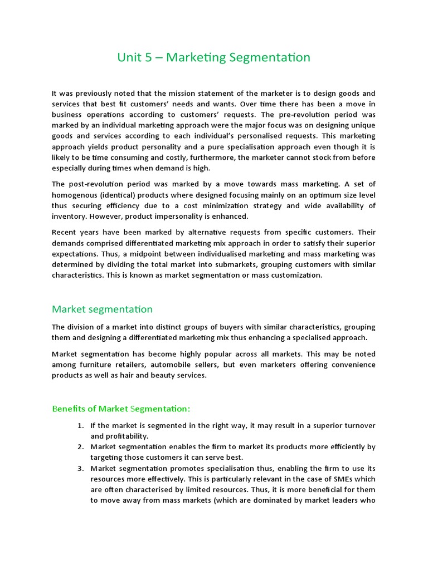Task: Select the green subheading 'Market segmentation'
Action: [x=102, y=309]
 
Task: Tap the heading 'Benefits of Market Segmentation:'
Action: [x=121, y=409]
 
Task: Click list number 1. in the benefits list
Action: [x=80, y=425]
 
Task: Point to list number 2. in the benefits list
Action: [x=80, y=446]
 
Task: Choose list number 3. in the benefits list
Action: [x=80, y=468]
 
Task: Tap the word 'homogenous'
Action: [x=74, y=195]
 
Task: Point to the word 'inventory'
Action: [x=69, y=216]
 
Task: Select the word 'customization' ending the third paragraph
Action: [x=295, y=275]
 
